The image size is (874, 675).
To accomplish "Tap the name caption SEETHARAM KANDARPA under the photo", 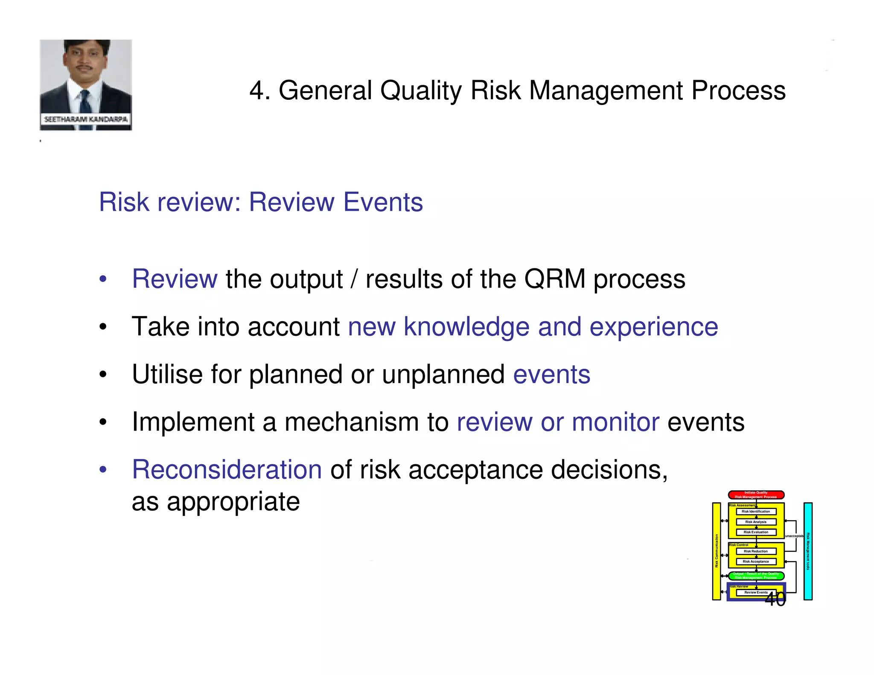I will pos(86,119).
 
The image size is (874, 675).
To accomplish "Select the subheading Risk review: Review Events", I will pos(261,202).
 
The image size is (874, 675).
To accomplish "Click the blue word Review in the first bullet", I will pos(175,279).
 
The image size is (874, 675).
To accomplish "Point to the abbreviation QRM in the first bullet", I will pos(554,279).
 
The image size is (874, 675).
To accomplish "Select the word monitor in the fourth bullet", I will pos(615,422).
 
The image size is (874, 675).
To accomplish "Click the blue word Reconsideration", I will pos(227,470).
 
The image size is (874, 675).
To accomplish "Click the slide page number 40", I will pos(775,599).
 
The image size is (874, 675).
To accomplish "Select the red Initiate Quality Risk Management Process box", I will pos(756,495).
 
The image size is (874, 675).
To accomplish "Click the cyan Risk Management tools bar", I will pos(808,551).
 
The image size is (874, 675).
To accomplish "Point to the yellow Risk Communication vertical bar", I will pos(717,551).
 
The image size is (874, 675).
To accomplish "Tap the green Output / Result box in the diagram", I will pos(756,576).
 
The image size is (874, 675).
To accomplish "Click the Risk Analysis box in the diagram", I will pos(756,522).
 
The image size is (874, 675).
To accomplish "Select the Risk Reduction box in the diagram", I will pos(756,551).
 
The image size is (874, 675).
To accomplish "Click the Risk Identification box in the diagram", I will pos(756,511).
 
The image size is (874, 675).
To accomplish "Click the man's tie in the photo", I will pos(85,102).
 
